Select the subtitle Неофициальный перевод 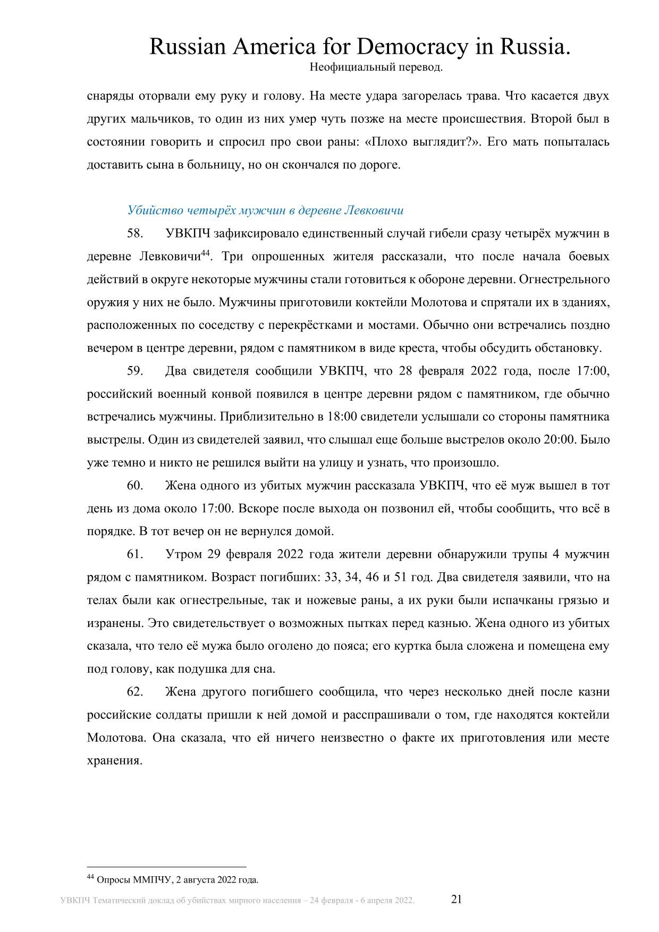[375, 67]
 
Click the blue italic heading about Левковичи [265, 210]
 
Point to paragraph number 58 [135, 233]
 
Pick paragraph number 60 [135, 486]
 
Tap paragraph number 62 [135, 692]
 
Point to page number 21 [457, 899]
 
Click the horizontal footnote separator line [166, 866]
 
